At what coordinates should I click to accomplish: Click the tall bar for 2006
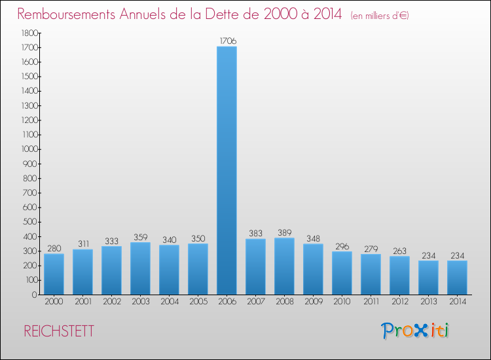pyautogui.click(x=227, y=170)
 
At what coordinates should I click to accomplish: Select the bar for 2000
pyautogui.click(x=54, y=274)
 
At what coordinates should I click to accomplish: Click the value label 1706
pyautogui.click(x=227, y=41)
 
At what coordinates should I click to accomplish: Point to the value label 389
pyautogui.click(x=284, y=232)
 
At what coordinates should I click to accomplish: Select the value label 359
pyautogui.click(x=140, y=237)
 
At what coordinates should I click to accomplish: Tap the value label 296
pyautogui.click(x=342, y=246)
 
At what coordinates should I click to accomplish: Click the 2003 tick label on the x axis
pyautogui.click(x=140, y=302)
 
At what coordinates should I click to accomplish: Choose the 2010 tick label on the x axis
pyautogui.click(x=342, y=302)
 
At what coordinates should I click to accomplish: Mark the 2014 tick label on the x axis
pyautogui.click(x=457, y=302)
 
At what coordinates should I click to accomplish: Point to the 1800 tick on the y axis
pyautogui.click(x=27, y=33)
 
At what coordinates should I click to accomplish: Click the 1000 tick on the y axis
pyautogui.click(x=27, y=149)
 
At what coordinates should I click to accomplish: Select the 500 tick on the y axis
pyautogui.click(x=29, y=222)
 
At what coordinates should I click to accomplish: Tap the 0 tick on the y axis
pyautogui.click(x=34, y=295)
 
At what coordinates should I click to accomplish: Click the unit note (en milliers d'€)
pyautogui.click(x=380, y=15)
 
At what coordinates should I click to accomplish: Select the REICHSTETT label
pyautogui.click(x=59, y=331)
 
